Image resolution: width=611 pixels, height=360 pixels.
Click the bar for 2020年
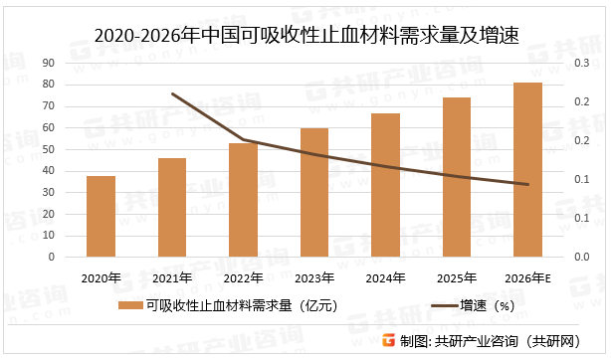point(101,216)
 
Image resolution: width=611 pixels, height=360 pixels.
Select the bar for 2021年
point(172,207)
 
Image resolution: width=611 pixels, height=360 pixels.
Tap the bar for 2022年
point(243,200)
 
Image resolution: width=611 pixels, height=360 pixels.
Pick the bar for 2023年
point(314,192)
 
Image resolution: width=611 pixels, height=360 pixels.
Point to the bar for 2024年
point(385,185)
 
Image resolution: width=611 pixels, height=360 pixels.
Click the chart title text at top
point(305,37)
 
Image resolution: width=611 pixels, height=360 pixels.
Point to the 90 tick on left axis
point(48,64)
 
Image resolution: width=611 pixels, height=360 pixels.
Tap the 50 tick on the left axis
point(48,149)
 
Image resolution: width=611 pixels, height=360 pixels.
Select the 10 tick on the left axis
point(48,236)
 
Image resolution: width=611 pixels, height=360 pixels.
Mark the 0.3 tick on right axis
point(579,64)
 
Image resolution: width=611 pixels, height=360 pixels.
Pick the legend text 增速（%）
point(486,306)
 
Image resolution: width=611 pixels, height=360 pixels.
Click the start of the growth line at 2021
point(172,94)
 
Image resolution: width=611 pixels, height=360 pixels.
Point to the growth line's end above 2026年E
point(527,184)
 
